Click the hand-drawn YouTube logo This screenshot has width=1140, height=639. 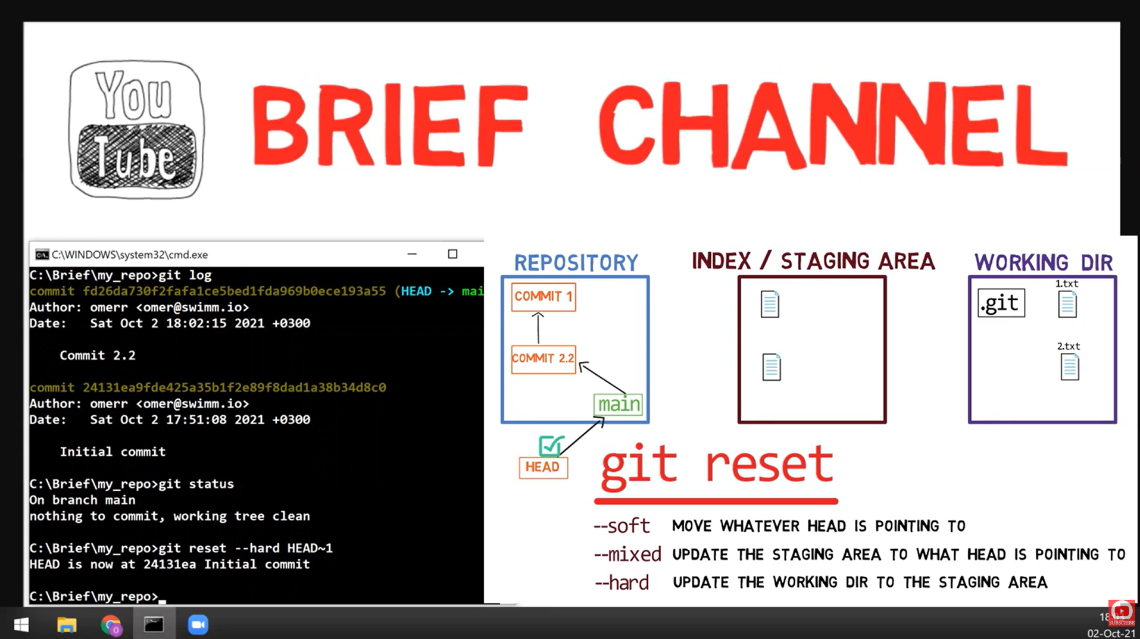(x=136, y=129)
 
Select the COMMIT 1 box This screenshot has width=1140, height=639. (x=543, y=296)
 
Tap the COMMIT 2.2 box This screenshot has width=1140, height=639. (x=543, y=359)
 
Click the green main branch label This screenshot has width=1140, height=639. (x=619, y=405)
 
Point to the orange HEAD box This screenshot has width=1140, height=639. (x=542, y=467)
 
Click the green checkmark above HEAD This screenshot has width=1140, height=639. (x=550, y=446)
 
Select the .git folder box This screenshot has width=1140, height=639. (x=1001, y=303)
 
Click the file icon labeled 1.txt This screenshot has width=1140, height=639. (x=1067, y=305)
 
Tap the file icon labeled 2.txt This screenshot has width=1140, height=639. (x=1069, y=367)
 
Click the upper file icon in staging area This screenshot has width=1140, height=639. (x=769, y=304)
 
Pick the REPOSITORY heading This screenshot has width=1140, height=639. (x=576, y=262)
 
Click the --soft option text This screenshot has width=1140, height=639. (x=621, y=526)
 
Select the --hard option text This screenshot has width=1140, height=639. (x=621, y=582)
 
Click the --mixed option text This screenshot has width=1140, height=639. (x=627, y=555)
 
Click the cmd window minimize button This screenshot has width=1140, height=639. (x=412, y=254)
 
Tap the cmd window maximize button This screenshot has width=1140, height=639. (x=452, y=254)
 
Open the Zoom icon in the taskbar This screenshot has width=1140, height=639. (x=198, y=624)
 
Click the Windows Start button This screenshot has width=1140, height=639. (x=21, y=624)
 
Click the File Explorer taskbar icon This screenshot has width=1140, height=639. (x=67, y=624)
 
